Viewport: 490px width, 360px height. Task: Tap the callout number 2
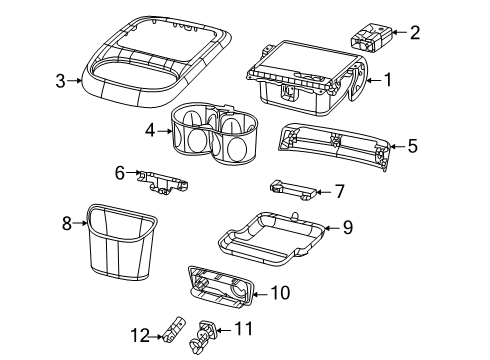tap(415, 32)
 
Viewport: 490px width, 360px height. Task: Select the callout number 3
tap(61, 81)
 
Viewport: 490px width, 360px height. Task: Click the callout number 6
tap(120, 173)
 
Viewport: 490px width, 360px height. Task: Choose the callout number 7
tap(339, 189)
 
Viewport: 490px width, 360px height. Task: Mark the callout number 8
tap(67, 223)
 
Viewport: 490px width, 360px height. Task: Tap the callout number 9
tap(347, 227)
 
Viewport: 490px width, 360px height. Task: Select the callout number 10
tap(280, 292)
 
